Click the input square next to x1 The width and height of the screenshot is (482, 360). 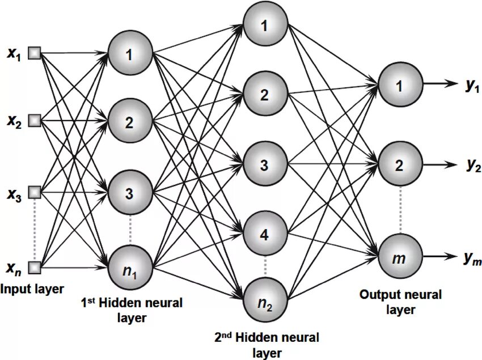pyautogui.click(x=35, y=53)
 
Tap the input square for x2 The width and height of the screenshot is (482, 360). pyautogui.click(x=35, y=120)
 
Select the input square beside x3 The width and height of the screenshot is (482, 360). pyautogui.click(x=35, y=192)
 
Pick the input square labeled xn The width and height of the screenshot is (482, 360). pyautogui.click(x=35, y=268)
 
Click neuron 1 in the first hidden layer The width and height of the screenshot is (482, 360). pyautogui.click(x=130, y=54)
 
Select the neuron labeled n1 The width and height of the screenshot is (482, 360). pyautogui.click(x=130, y=268)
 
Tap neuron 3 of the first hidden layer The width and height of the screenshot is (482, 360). pyautogui.click(x=130, y=193)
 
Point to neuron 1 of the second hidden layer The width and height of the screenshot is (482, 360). pyautogui.click(x=265, y=24)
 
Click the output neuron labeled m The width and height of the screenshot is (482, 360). pyautogui.click(x=400, y=256)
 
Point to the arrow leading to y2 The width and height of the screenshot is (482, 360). pyautogui.click(x=440, y=164)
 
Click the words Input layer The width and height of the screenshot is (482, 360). pyautogui.click(x=32, y=289)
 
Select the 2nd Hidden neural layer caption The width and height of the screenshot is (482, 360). pyautogui.click(x=267, y=345)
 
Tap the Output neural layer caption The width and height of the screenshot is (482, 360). pyautogui.click(x=400, y=302)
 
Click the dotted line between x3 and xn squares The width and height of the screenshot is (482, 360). pyautogui.click(x=35, y=230)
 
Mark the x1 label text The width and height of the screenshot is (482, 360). pyautogui.click(x=14, y=54)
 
